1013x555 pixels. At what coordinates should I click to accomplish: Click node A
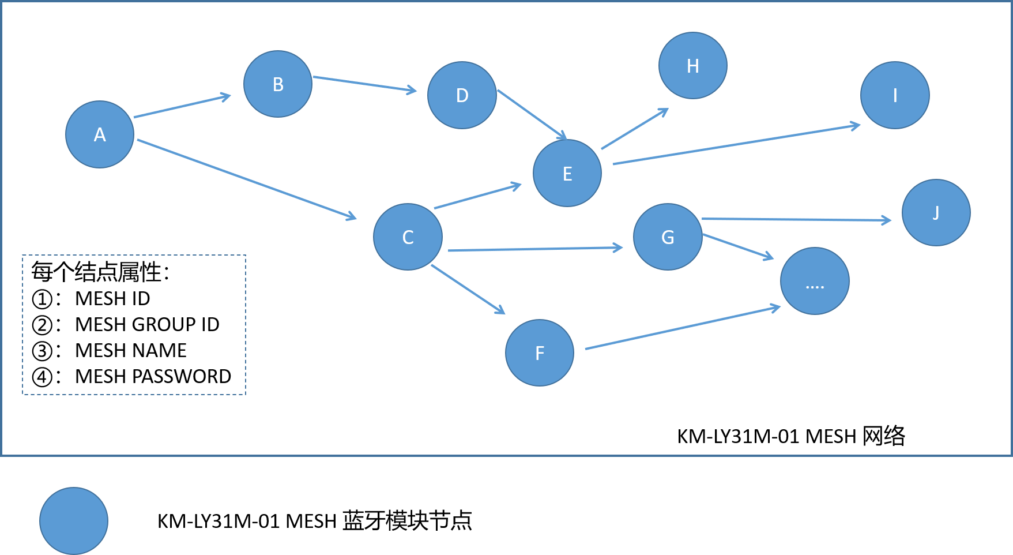point(100,134)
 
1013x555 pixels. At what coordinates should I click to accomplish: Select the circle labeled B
point(278,84)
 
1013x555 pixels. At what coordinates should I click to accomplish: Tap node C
point(408,237)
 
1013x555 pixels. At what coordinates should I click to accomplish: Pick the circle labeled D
point(462,95)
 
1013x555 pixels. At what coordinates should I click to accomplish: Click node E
point(567,173)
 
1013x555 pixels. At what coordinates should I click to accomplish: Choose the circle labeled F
point(540,352)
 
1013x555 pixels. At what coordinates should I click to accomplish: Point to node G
point(668,237)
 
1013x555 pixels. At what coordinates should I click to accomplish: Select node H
point(693,66)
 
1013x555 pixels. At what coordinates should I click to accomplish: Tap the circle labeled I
point(895,95)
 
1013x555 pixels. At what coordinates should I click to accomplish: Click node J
point(936,213)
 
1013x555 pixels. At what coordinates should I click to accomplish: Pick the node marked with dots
point(815,281)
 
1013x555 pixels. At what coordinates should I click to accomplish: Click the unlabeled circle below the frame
point(74,521)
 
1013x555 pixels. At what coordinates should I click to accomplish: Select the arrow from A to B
point(182,107)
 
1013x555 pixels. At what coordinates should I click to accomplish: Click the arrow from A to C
point(247,179)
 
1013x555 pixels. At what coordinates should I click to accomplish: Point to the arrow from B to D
point(364,84)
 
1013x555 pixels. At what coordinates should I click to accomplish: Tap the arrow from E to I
point(736,144)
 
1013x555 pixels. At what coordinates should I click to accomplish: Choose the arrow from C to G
point(535,249)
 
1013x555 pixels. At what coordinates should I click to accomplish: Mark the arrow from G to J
point(796,219)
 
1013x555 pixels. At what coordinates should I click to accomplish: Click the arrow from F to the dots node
point(683,328)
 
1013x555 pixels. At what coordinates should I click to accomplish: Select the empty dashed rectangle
point(134,325)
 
